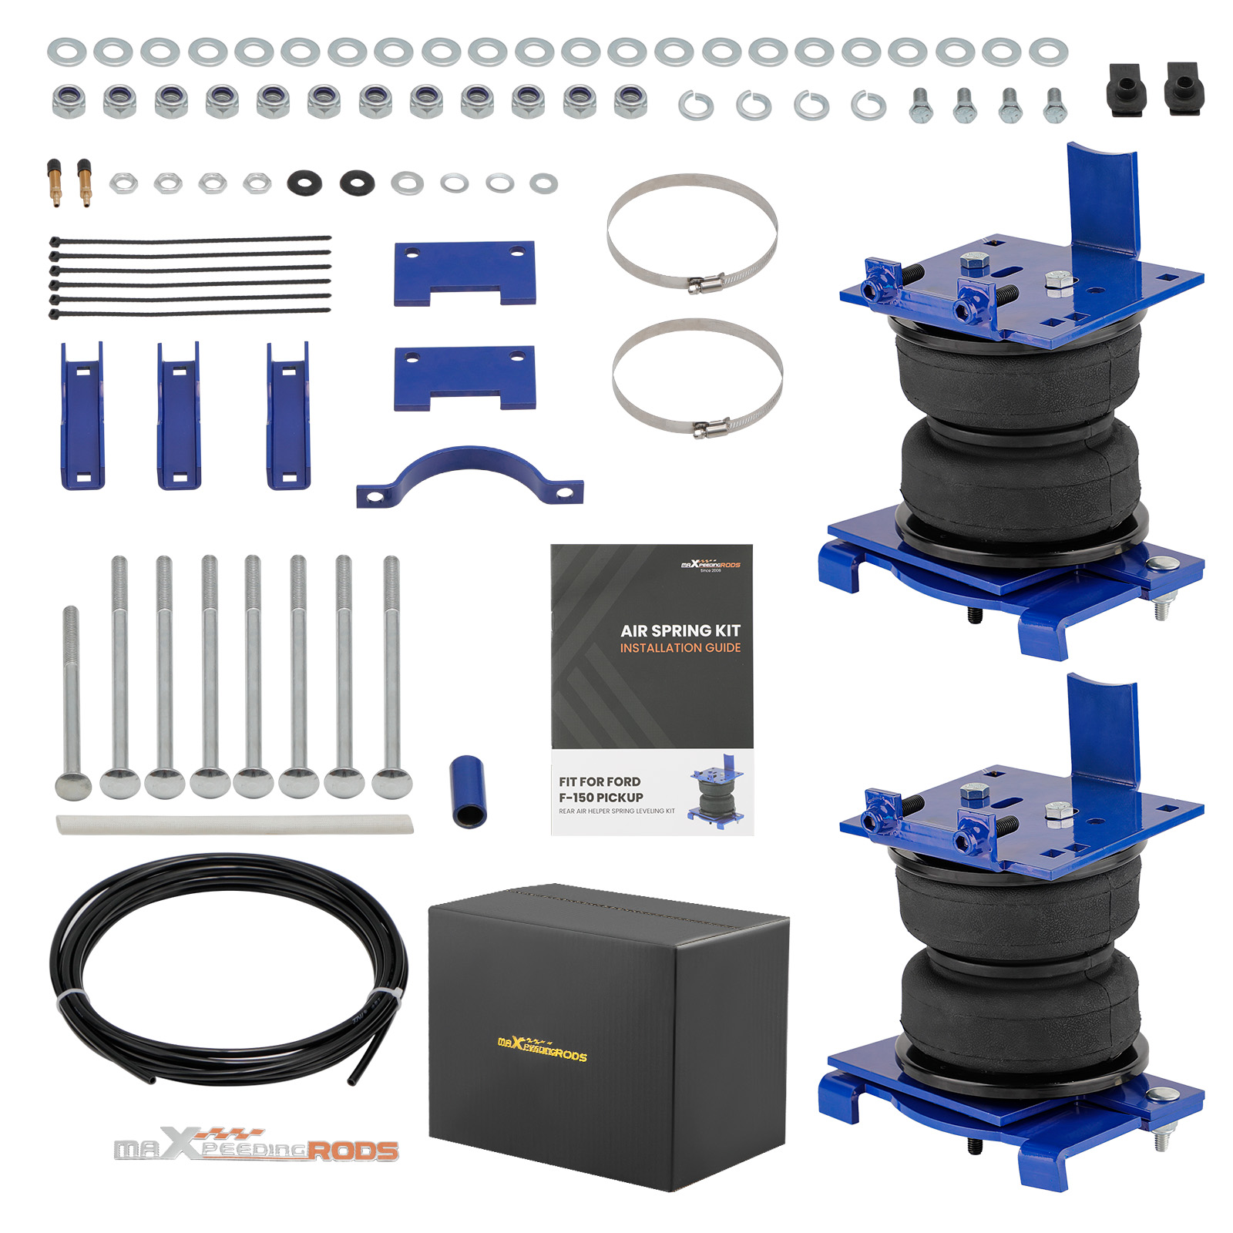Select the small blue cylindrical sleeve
pyautogui.click(x=468, y=791)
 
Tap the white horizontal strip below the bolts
pyautogui.click(x=234, y=825)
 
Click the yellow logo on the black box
pyautogui.click(x=542, y=1050)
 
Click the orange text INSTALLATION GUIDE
pyautogui.click(x=680, y=648)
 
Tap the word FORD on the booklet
pyautogui.click(x=623, y=781)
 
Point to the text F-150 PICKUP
pyautogui.click(x=601, y=798)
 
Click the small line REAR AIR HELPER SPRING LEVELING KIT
pyautogui.click(x=616, y=811)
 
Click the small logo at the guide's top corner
pyautogui.click(x=710, y=566)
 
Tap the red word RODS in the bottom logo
pyautogui.click(x=354, y=1151)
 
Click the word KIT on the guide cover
pyautogui.click(x=727, y=630)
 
